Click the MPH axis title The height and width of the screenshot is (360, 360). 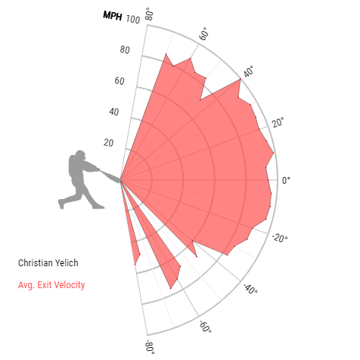pos(113,16)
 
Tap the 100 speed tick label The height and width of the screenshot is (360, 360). pos(133,19)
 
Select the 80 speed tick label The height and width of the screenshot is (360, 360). pos(125,50)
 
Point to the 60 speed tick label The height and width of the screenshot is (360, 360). pos(119,81)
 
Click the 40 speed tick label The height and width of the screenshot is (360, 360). pos(114,112)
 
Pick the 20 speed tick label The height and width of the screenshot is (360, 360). pos(108,143)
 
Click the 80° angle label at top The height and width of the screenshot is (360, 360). pos(149,14)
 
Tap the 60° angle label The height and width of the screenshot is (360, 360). pos(203,33)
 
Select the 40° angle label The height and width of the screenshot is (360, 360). pos(249,71)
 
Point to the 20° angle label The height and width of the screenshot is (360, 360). pos(278,122)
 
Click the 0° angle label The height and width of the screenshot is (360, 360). pos(286,181)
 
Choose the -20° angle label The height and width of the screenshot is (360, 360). pos(280,237)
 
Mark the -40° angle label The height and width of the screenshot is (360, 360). pos(250,289)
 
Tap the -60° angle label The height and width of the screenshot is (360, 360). pos(206,327)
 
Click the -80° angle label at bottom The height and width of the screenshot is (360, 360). pos(151,346)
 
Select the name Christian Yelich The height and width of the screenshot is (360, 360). pos(48,263)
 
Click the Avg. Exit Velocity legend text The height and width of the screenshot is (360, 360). pos(51,285)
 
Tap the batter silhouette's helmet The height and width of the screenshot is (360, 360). pos(80,154)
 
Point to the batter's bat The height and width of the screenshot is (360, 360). pos(110,176)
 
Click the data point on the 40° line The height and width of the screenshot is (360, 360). pos(241,79)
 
